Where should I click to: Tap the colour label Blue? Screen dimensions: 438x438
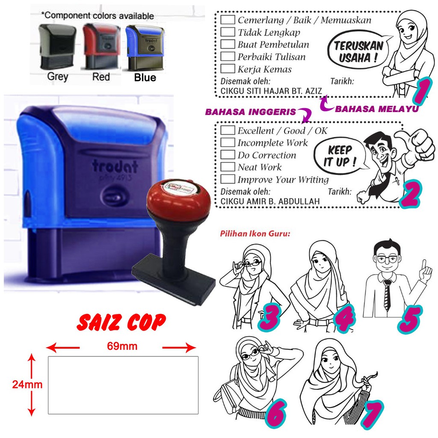click(145, 77)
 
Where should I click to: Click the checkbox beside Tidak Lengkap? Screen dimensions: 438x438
click(228, 32)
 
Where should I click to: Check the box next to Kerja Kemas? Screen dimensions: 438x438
click(228, 69)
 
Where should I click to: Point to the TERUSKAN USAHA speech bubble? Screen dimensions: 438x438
click(358, 52)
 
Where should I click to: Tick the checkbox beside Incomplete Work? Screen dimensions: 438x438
click(228, 142)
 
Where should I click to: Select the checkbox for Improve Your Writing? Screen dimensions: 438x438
click(228, 179)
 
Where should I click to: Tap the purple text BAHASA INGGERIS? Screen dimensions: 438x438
click(250, 112)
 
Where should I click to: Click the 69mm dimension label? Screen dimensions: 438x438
click(122, 346)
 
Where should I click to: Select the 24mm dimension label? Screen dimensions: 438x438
click(27, 385)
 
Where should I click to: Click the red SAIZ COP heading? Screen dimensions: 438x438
click(121, 323)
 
